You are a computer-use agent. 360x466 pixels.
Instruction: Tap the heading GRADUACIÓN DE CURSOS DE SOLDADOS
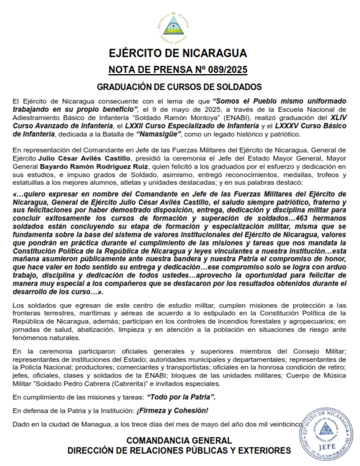click(x=179, y=86)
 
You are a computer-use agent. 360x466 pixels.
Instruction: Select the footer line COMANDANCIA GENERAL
click(x=179, y=441)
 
